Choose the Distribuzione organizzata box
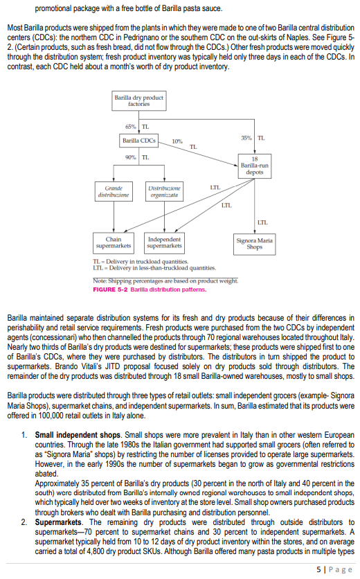tap(165, 191)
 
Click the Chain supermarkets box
tap(114, 242)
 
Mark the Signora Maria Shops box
tap(254, 243)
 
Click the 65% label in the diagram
tap(130, 126)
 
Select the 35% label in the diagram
tap(246, 138)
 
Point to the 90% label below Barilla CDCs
tap(130, 158)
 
